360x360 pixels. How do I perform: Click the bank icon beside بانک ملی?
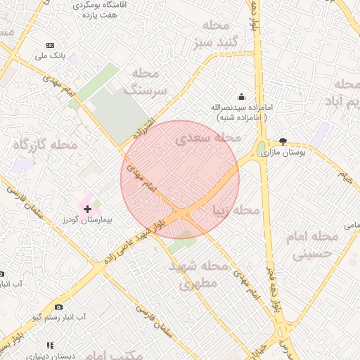(49, 44)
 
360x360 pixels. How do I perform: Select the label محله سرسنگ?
(146, 82)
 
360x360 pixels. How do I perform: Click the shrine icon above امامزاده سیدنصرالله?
(242, 97)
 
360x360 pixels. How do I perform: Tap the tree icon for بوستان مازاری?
(283, 141)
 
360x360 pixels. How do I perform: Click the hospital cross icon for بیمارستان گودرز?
(87, 208)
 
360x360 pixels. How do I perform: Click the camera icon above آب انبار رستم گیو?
(58, 307)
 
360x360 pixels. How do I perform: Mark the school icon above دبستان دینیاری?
(50, 345)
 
